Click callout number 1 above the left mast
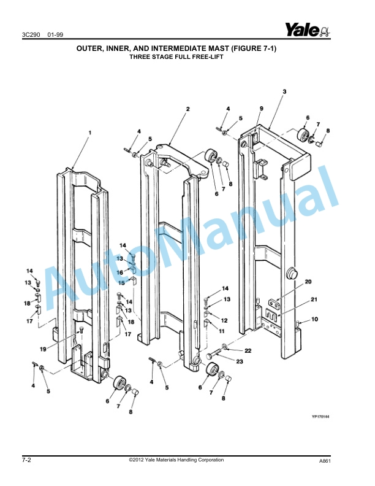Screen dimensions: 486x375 (x=89, y=132)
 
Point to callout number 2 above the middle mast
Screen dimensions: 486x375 (x=187, y=109)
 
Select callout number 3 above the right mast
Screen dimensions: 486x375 (x=284, y=91)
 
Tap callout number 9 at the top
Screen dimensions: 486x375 (x=260, y=109)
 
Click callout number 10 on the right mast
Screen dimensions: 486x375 (x=314, y=319)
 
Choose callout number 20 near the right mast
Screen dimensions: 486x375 (x=308, y=282)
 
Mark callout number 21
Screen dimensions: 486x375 (x=314, y=299)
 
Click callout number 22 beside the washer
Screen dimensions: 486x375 (x=248, y=350)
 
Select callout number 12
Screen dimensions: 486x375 (x=224, y=320)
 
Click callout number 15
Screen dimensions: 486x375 (x=122, y=283)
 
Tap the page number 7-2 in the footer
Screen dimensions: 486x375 (x=28, y=460)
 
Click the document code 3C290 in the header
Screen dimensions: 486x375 (x=29, y=35)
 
